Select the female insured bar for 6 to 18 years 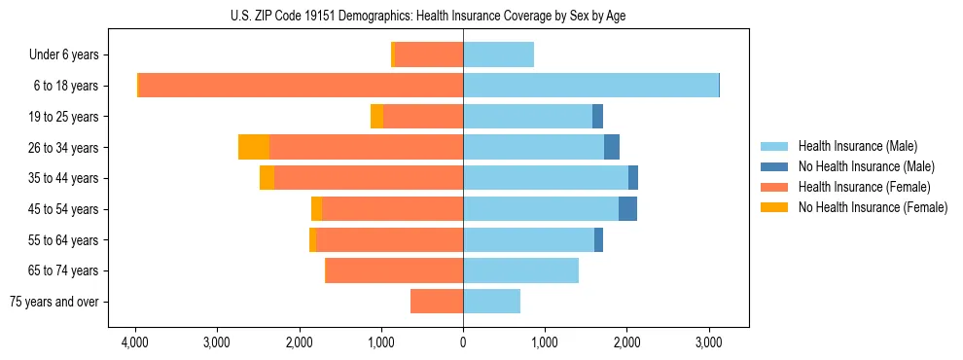click(x=301, y=86)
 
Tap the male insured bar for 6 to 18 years click(x=590, y=86)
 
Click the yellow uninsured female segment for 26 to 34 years click(x=253, y=147)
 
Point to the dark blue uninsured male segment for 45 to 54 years click(x=627, y=209)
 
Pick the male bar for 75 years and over click(x=491, y=302)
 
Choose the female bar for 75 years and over click(x=437, y=302)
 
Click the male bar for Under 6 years click(x=498, y=54)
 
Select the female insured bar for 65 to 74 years click(x=394, y=270)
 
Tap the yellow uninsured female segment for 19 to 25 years click(x=376, y=117)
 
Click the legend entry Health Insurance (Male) click(x=857, y=146)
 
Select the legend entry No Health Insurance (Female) click(x=873, y=207)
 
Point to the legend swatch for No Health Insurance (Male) click(x=774, y=166)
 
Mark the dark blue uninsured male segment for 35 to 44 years click(x=633, y=178)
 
